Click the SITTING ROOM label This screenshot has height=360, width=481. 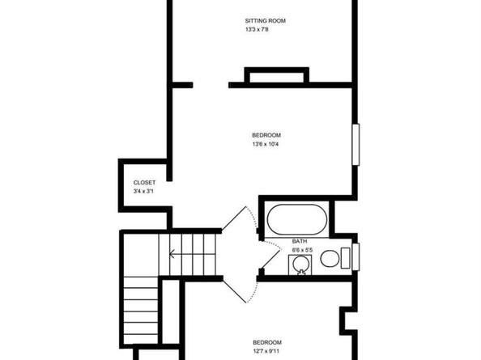[x=266, y=21]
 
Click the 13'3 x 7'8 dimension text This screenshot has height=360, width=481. [x=257, y=30]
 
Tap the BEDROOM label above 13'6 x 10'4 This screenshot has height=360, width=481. [x=266, y=135]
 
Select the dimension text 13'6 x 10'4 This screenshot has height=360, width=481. [x=266, y=145]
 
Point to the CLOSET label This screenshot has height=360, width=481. [x=144, y=183]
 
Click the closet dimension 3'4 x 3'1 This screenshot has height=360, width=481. [x=144, y=192]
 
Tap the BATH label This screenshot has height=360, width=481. [x=300, y=241]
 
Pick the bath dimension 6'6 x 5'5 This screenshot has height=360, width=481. [x=302, y=250]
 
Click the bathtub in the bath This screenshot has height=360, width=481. [x=296, y=219]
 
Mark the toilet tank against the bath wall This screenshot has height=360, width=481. [x=346, y=259]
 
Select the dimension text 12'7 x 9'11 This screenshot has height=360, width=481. [x=266, y=351]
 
